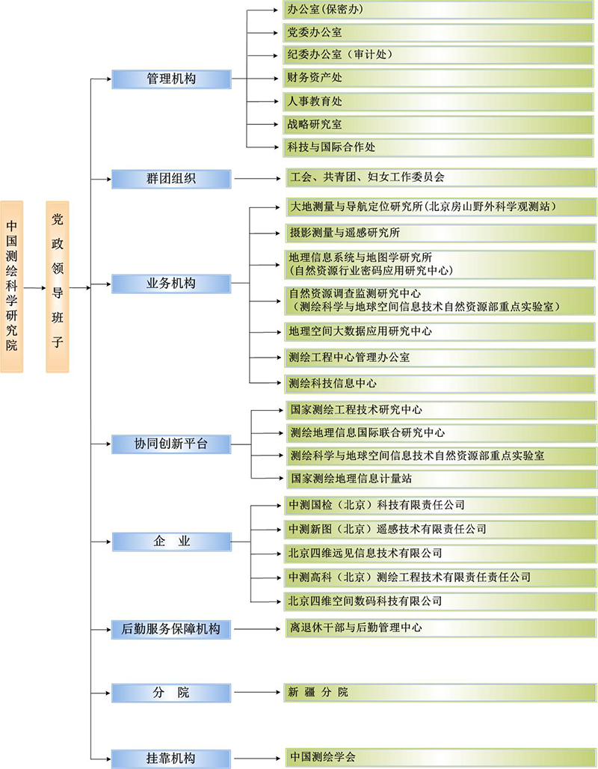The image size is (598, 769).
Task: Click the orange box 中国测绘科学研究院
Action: tap(12, 287)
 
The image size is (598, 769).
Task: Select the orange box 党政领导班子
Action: tap(58, 287)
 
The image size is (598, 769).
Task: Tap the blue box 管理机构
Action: tap(172, 79)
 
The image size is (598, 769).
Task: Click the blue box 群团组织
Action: tap(172, 179)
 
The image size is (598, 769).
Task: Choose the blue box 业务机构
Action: tap(172, 284)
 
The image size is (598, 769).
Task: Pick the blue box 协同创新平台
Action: tap(172, 444)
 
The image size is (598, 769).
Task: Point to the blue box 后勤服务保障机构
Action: tap(172, 628)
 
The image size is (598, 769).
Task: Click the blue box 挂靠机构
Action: tap(172, 759)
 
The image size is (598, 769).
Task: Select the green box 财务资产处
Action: tap(438, 78)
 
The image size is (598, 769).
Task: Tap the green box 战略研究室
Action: tap(438, 125)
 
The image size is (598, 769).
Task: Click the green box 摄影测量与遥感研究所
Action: tap(441, 233)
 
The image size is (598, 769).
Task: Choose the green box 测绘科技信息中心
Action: tap(440, 384)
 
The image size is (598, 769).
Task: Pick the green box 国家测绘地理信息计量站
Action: tap(442, 479)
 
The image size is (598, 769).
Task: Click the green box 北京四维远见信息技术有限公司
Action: tap(440, 554)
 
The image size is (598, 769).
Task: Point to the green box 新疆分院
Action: tap(440, 693)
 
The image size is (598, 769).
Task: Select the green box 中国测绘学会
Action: tap(441, 757)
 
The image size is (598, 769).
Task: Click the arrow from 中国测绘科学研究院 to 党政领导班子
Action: tap(34, 287)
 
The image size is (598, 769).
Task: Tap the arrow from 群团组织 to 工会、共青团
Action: tap(258, 179)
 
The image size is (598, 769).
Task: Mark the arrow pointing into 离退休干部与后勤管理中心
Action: tap(257, 628)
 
